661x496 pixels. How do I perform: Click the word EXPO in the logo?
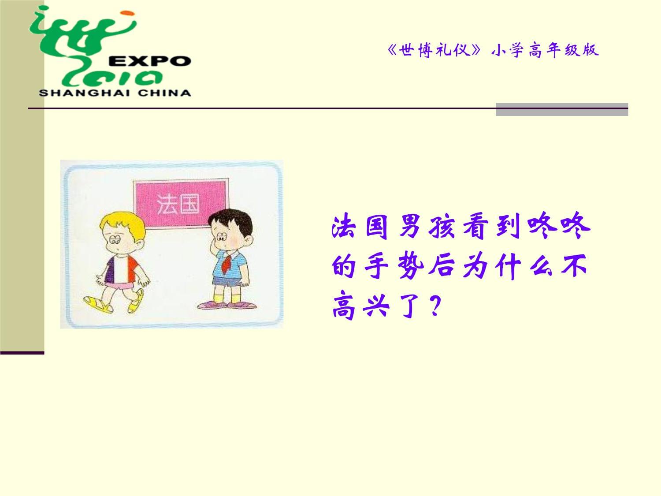[x=150, y=61]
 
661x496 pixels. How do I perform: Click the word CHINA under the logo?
[x=164, y=93]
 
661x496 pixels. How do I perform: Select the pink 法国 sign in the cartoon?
[x=181, y=204]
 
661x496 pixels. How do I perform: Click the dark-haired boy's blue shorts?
[x=226, y=281]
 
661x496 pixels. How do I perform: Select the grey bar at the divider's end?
[x=562, y=109]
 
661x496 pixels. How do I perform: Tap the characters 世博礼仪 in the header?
[x=434, y=50]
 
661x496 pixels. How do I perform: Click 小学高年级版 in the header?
[x=545, y=50]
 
